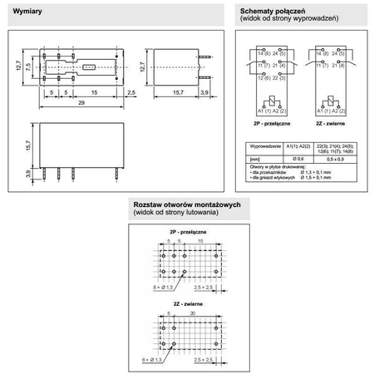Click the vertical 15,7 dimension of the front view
pos(29,145)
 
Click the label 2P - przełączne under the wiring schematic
pos(266,122)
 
